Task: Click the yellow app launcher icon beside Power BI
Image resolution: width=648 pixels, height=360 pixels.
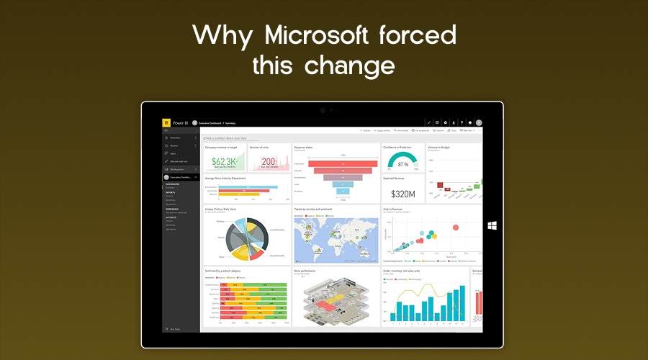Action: tap(166, 122)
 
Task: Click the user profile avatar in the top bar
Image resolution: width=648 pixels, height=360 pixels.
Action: tap(479, 123)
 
